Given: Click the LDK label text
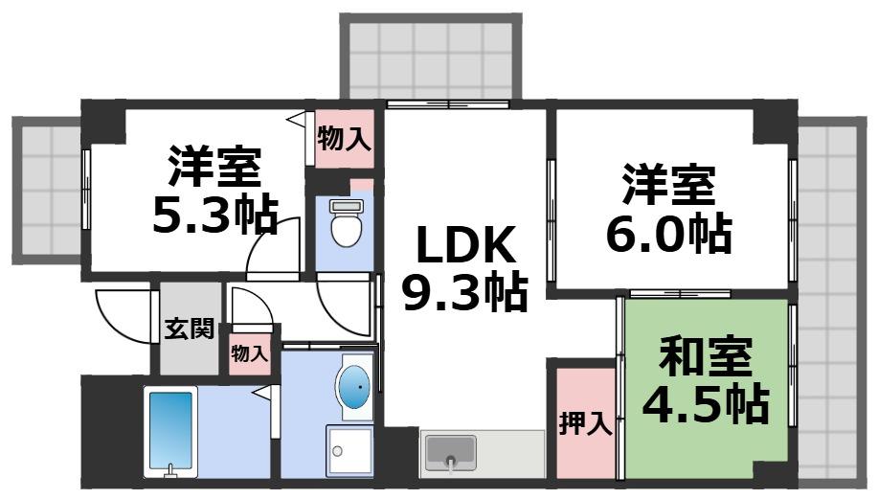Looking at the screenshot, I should (465, 248).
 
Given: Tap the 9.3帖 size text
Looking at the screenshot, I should (465, 292).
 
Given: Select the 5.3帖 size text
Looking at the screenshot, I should (215, 215).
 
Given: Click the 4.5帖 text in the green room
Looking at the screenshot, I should (706, 405).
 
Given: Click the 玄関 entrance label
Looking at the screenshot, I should (189, 328).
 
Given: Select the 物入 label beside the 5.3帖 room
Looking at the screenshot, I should (344, 140).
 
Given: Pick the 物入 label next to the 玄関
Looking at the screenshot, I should (250, 352).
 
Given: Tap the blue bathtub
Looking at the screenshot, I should (170, 430).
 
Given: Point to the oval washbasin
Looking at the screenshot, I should (355, 388).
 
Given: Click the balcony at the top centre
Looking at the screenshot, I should (430, 57).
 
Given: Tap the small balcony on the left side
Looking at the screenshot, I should (49, 192).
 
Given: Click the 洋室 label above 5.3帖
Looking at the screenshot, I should (215, 169).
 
